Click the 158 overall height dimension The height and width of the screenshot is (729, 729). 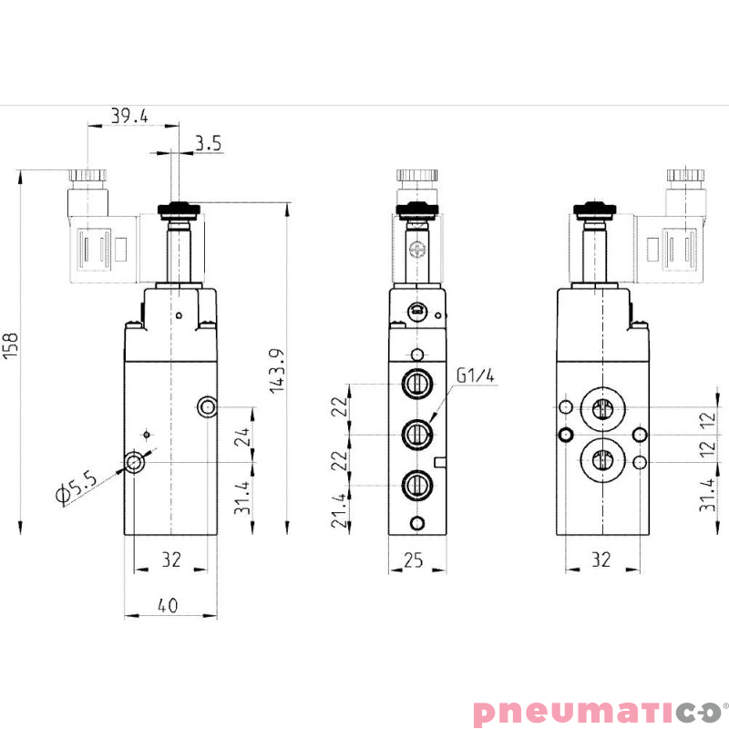click(11, 347)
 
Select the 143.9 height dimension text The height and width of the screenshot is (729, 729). click(276, 371)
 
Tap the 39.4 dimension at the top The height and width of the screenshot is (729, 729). click(129, 116)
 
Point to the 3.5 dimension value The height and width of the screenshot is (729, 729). click(208, 144)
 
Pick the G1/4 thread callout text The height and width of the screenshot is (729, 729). click(477, 375)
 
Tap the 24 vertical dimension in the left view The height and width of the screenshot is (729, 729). click(241, 436)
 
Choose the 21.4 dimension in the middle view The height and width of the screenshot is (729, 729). click(338, 511)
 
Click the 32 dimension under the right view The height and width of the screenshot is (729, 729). click(600, 561)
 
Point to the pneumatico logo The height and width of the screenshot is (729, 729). click(596, 711)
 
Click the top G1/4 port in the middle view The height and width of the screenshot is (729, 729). click(417, 383)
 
